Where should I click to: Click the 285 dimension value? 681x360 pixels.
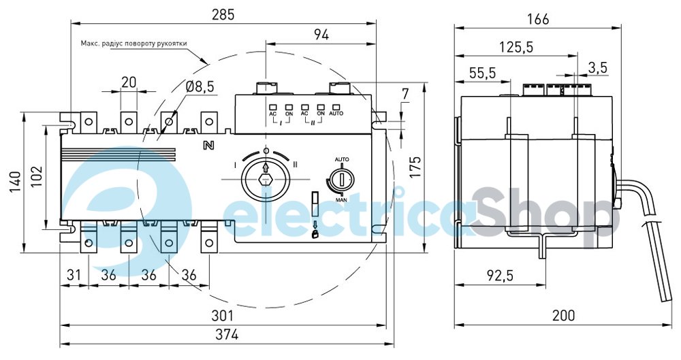pos(223,14)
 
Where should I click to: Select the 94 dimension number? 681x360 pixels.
pos(321,35)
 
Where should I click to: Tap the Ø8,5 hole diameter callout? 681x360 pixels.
pos(200,87)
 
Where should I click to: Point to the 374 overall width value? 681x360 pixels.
pos(227,335)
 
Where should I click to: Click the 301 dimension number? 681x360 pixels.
pos(222,315)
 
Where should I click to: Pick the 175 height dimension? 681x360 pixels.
pos(415,167)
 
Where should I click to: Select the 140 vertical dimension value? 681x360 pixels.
pos(16,182)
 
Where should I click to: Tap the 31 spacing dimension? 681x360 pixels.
pos(74,275)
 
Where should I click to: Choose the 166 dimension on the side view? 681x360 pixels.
pos(538,19)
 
